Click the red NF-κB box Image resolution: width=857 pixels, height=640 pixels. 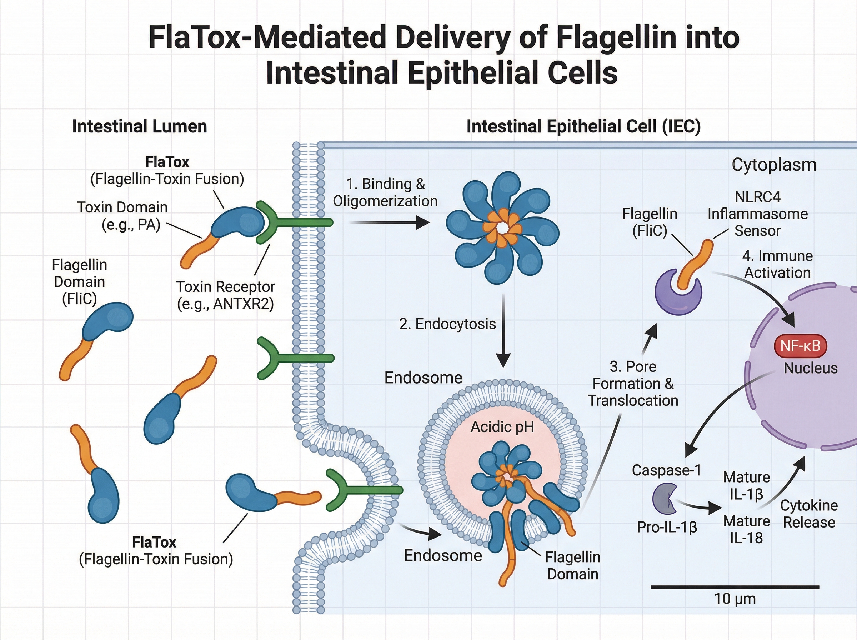[800, 346]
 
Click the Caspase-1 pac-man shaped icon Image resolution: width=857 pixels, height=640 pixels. [663, 498]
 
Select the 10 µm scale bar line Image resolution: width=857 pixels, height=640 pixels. [735, 587]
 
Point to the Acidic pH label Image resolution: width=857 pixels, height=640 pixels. [502, 427]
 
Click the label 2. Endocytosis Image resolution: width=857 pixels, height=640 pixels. [447, 324]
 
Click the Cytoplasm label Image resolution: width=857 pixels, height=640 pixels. [774, 165]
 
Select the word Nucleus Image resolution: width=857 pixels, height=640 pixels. [810, 368]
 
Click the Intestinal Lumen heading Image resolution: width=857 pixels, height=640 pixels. [139, 127]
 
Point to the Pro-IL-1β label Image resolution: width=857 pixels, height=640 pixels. [667, 527]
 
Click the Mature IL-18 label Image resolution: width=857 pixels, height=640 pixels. [746, 529]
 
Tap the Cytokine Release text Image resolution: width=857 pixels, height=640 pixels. [808, 514]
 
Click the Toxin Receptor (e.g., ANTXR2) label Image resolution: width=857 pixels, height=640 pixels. [225, 295]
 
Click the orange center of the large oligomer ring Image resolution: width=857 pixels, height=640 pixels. [503, 228]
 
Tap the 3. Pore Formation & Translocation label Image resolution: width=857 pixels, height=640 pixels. [633, 384]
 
